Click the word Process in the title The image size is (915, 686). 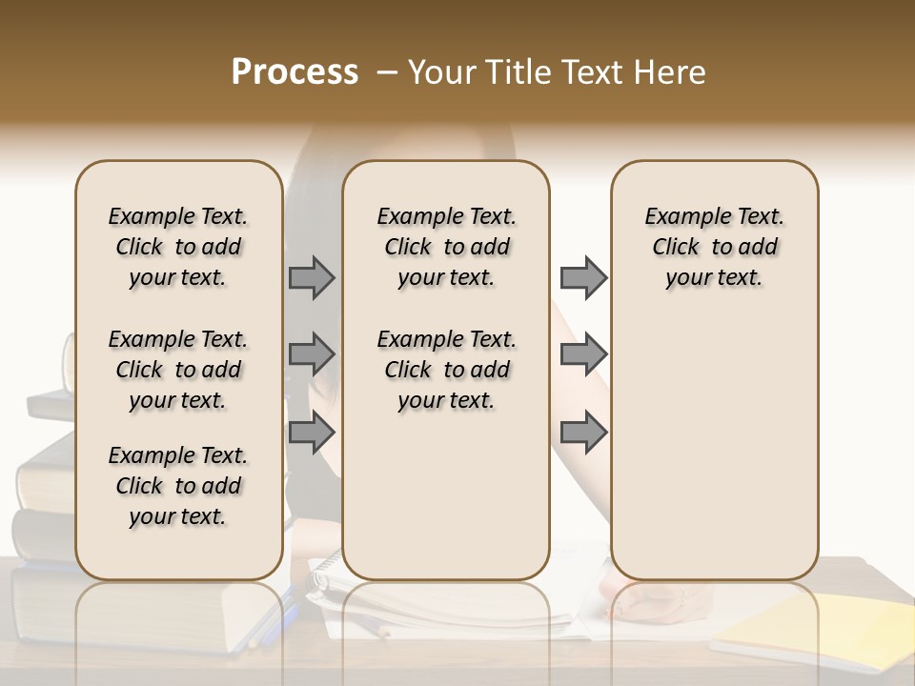coord(295,72)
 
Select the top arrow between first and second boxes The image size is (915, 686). coord(312,278)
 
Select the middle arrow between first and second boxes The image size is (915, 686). coord(312,354)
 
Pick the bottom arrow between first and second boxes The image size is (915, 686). coord(312,433)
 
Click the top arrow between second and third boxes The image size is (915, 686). coord(583,278)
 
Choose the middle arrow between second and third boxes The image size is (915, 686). coord(583,354)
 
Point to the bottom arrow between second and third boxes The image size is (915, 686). coord(583,433)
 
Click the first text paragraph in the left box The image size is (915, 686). coord(178,247)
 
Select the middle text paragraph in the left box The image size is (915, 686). coord(178,370)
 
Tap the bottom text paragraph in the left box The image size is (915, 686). coord(178,486)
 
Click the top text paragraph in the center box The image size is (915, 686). coord(446,247)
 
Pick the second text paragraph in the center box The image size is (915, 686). coord(446,370)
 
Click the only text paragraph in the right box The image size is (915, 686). coord(714,247)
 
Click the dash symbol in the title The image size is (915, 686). coord(385,73)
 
